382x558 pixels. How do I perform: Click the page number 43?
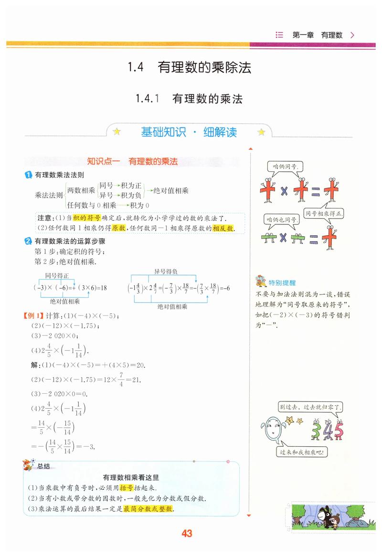[187, 534]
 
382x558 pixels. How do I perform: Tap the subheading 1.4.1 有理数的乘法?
[189, 99]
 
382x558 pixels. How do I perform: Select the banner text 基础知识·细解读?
[189, 132]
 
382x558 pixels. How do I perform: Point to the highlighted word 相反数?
[223, 228]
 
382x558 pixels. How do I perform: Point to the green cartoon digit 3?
[316, 431]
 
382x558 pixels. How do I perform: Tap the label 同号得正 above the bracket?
[57, 275]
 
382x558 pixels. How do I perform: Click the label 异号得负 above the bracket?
[166, 272]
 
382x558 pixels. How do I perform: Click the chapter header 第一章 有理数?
[318, 35]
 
